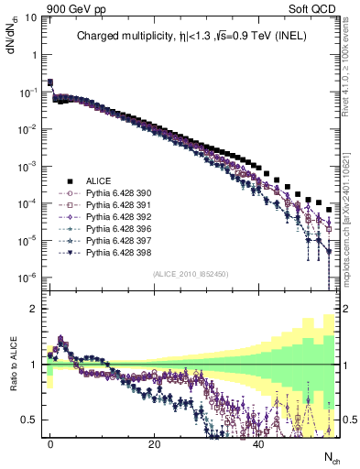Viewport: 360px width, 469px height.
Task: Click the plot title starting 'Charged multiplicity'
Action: [188, 38]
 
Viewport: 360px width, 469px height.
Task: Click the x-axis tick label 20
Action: [155, 444]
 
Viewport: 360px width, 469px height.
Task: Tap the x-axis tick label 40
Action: [258, 444]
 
